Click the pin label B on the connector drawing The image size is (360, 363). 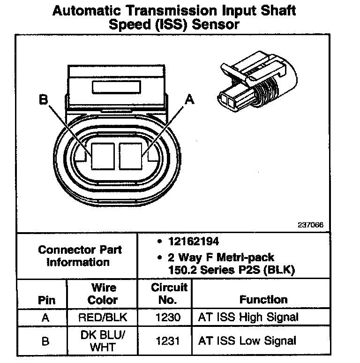pos(44,100)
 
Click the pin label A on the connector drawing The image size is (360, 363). pos(189,99)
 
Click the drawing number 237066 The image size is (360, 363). pos(310,225)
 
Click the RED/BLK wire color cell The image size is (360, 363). pos(103,318)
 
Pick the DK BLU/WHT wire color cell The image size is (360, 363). pos(103,340)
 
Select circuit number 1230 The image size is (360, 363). pos(169,318)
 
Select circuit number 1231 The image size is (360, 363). pos(169,341)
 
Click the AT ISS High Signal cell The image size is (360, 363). pos(248,318)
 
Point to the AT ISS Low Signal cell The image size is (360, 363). pos(247,341)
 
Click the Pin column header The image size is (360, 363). pos(45,300)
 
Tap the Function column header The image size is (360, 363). pos(263,300)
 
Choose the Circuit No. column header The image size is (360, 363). pos(169,293)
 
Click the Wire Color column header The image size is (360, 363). pos(103,293)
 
